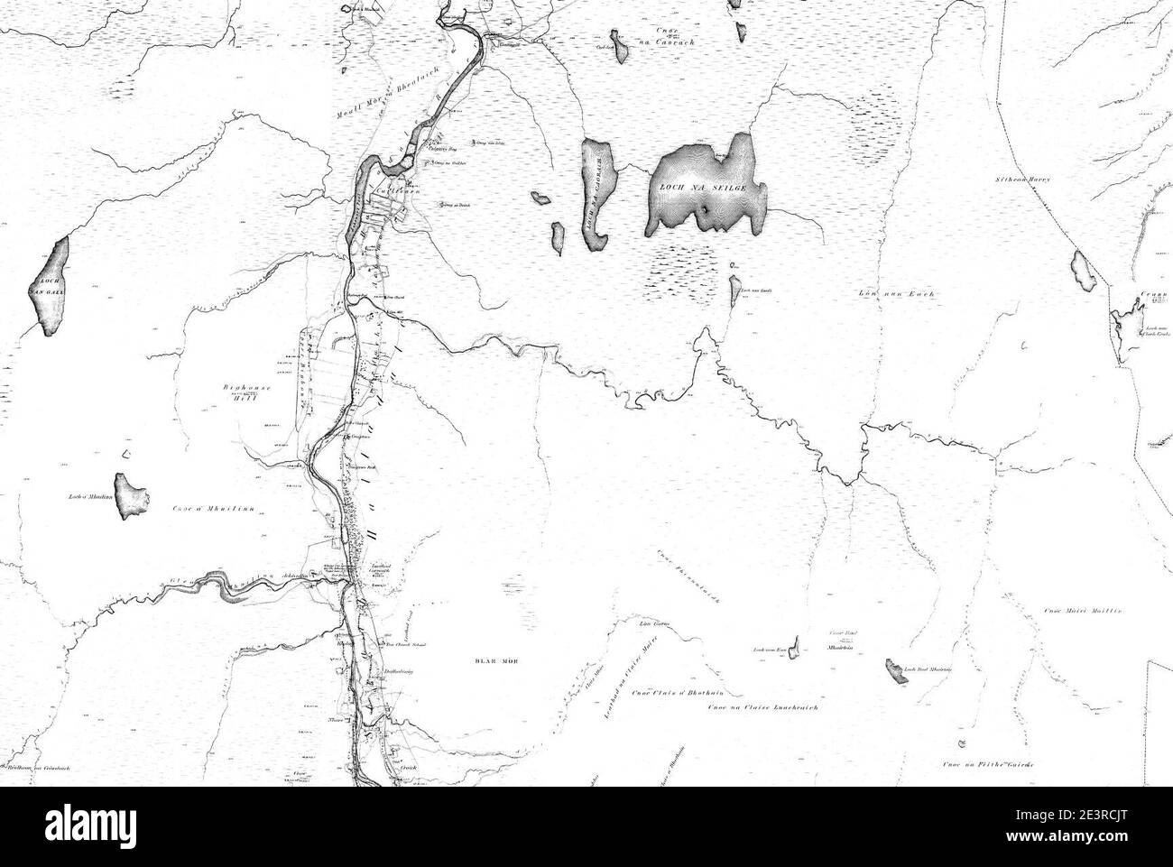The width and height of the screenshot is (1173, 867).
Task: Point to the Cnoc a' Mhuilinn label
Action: coord(216,510)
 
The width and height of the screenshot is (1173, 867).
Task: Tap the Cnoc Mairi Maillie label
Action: coord(1082,612)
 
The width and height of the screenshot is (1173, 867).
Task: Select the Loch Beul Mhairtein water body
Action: coord(895,671)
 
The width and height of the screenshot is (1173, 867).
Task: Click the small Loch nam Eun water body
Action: coord(795,650)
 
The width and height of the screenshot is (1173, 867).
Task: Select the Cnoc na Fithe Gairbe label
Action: coord(988,765)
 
